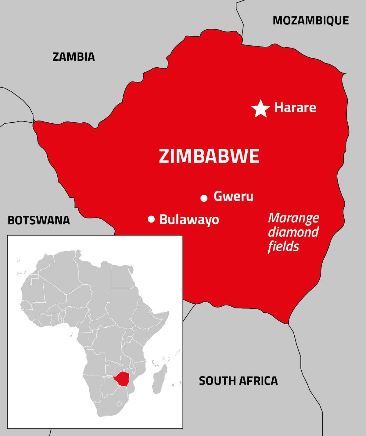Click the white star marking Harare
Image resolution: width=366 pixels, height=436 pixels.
pyautogui.click(x=260, y=109)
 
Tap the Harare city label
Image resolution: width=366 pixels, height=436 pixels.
pyautogui.click(x=295, y=108)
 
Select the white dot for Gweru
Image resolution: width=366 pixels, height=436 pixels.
pyautogui.click(x=204, y=198)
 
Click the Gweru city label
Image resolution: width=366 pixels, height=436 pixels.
pyautogui.click(x=233, y=196)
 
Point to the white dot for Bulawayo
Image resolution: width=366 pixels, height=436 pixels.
pyautogui.click(x=151, y=219)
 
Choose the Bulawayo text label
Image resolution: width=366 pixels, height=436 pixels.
pyautogui.click(x=189, y=220)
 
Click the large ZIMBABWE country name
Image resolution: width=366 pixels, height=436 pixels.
pyautogui.click(x=209, y=156)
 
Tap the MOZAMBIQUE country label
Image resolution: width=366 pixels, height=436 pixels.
pyautogui.click(x=310, y=21)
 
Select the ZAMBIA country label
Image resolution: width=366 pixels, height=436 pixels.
pyautogui.click(x=74, y=57)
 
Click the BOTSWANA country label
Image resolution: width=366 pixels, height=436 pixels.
pyautogui.click(x=39, y=220)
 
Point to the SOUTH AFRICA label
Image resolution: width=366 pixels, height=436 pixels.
pyautogui.click(x=238, y=381)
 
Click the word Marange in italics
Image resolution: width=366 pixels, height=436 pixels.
pyautogui.click(x=293, y=218)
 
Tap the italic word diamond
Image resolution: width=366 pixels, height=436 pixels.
pyautogui.click(x=293, y=232)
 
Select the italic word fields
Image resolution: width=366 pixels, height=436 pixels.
pyautogui.click(x=283, y=246)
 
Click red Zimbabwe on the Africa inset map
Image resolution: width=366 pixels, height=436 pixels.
pyautogui.click(x=122, y=379)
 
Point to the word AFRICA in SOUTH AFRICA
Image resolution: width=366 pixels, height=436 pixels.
pyautogui.click(x=258, y=381)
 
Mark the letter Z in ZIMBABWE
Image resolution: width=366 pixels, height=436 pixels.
pyautogui.click(x=164, y=156)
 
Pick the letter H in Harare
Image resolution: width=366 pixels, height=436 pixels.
pyautogui.click(x=278, y=107)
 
